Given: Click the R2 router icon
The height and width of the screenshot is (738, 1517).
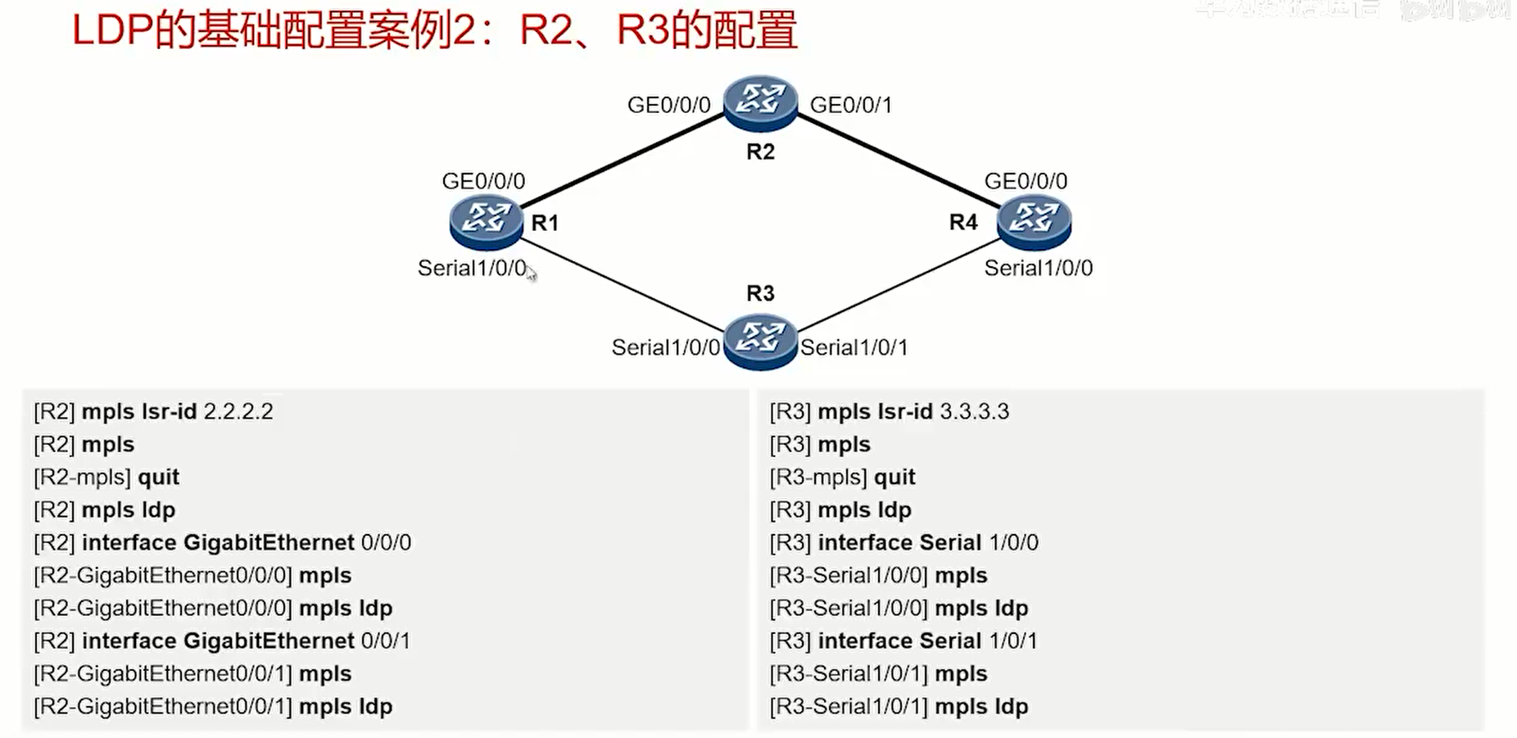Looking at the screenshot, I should [760, 102].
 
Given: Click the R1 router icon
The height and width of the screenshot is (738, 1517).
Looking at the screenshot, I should [486, 221].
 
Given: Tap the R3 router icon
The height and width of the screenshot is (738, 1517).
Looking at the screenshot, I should [760, 340].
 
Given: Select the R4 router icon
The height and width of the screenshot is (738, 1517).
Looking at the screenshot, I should [1034, 221].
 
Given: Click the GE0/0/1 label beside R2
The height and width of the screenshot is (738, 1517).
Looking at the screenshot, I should [850, 105].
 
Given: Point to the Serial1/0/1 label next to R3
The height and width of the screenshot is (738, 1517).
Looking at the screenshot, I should [854, 347].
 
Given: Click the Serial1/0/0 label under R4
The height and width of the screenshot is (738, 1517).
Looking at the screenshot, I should [1038, 268].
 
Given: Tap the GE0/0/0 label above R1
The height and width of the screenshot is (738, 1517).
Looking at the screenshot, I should [483, 181].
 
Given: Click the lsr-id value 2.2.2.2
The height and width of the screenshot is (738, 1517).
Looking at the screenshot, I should [238, 411].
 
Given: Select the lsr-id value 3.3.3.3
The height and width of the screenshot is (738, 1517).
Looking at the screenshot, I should [974, 411].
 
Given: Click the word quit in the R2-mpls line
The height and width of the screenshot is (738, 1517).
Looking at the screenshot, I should [158, 477].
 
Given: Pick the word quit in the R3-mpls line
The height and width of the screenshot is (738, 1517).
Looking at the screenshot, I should [894, 477].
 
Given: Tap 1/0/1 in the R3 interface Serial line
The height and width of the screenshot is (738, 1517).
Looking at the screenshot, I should [1013, 641].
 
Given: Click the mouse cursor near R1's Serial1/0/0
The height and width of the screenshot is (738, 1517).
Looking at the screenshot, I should [531, 273].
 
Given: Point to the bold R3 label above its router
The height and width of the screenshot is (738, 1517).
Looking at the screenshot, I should [760, 293].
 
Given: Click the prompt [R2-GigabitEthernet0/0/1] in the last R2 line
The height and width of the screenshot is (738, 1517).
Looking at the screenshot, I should [163, 706].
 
